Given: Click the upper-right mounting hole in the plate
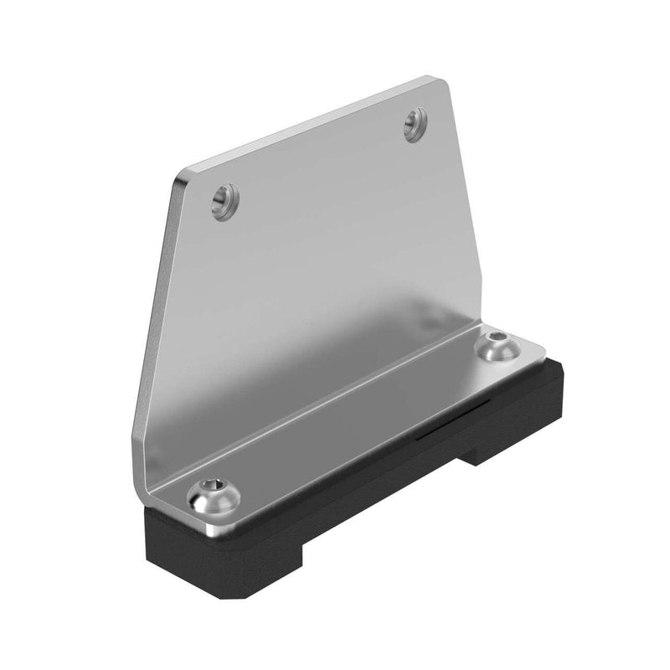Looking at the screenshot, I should (x=415, y=124).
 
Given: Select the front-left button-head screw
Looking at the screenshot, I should (x=214, y=497).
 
